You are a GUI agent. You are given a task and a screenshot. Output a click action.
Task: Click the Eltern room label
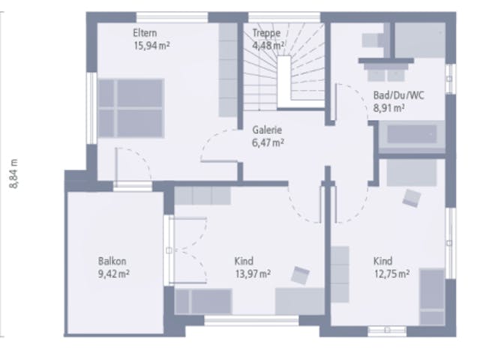(x=145, y=33)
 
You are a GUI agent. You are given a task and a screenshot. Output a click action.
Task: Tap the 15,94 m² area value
(x=151, y=46)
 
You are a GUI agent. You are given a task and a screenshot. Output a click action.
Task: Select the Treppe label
(x=266, y=33)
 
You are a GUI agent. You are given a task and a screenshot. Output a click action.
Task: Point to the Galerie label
(x=267, y=130)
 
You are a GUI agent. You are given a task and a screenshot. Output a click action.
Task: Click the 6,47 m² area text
(x=268, y=142)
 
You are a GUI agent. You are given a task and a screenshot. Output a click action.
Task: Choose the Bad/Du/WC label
(x=398, y=95)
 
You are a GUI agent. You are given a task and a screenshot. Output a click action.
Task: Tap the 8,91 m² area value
(x=389, y=108)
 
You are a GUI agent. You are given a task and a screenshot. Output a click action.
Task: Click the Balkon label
(x=112, y=261)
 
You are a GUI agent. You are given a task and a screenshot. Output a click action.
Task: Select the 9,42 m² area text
(x=113, y=274)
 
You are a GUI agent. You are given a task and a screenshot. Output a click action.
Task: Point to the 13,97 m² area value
(x=253, y=274)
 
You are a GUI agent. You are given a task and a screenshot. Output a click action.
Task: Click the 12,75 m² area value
(x=391, y=274)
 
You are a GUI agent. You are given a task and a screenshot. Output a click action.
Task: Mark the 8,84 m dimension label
(x=14, y=174)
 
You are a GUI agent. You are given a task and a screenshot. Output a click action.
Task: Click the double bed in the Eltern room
(x=131, y=108)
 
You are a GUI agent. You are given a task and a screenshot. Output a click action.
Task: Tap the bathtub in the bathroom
(x=412, y=134)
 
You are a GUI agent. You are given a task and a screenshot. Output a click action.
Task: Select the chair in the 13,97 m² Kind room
(x=300, y=275)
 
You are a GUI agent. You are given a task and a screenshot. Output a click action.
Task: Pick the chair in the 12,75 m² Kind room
(x=412, y=198)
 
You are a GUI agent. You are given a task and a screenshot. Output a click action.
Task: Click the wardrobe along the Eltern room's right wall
(x=228, y=70)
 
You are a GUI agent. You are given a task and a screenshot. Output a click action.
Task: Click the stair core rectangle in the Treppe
(x=284, y=82)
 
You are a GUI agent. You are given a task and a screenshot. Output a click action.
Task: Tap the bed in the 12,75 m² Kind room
(x=432, y=297)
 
